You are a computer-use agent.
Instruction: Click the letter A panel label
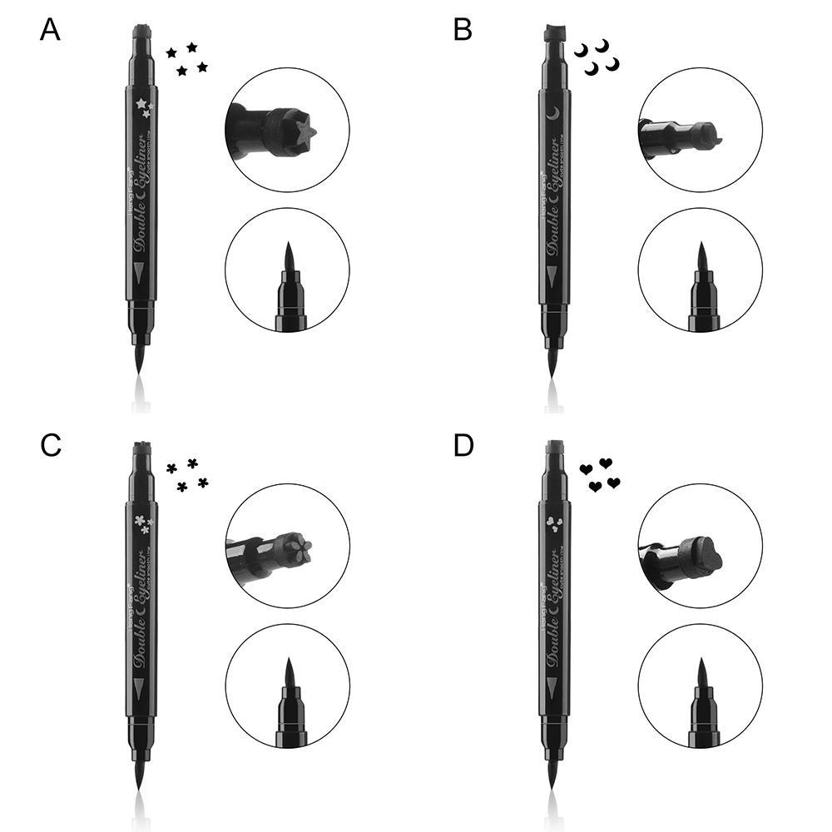pos(50,31)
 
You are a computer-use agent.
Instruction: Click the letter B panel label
pos(463,31)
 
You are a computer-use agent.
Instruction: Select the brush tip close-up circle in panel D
pos(700,686)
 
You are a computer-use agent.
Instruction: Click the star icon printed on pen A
pos(141,106)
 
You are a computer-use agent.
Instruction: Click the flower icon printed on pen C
pos(141,522)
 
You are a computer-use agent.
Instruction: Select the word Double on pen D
pos(553,645)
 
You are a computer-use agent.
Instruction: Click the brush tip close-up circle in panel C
pos(287,686)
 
